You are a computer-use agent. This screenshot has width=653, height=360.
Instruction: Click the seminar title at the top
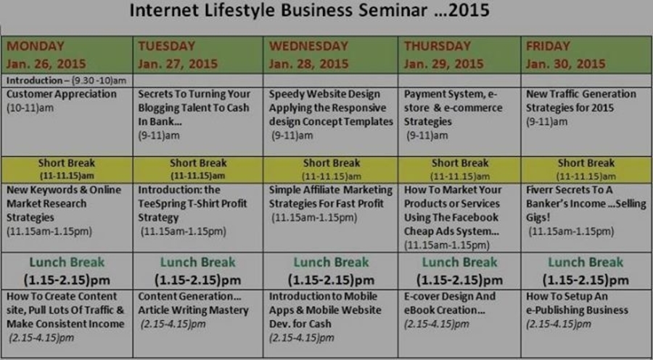tap(309, 10)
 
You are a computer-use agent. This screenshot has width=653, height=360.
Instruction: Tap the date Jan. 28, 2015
tap(308, 64)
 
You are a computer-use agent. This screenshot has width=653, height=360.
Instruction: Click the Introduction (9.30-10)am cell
tap(67, 81)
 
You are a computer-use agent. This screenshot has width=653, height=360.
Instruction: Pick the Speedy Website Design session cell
tap(331, 121)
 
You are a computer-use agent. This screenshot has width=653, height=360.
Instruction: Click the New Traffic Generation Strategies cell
tap(586, 121)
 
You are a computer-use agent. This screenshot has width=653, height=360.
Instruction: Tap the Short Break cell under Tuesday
tap(198, 170)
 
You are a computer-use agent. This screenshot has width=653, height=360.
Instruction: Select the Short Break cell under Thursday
tap(459, 170)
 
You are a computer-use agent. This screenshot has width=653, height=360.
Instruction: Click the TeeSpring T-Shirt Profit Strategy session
tap(198, 218)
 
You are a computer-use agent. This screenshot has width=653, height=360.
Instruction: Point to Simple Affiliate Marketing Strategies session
tap(331, 218)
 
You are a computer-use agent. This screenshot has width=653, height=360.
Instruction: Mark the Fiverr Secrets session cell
tap(586, 218)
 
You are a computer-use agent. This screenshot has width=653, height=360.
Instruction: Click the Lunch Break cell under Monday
tap(67, 271)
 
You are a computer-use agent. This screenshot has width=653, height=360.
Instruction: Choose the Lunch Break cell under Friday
tap(586, 271)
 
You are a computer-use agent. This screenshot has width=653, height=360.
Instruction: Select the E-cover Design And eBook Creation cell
tap(459, 323)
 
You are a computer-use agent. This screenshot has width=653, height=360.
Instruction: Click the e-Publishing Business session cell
tap(586, 323)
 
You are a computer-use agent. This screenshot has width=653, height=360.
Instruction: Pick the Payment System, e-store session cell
tap(459, 121)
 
